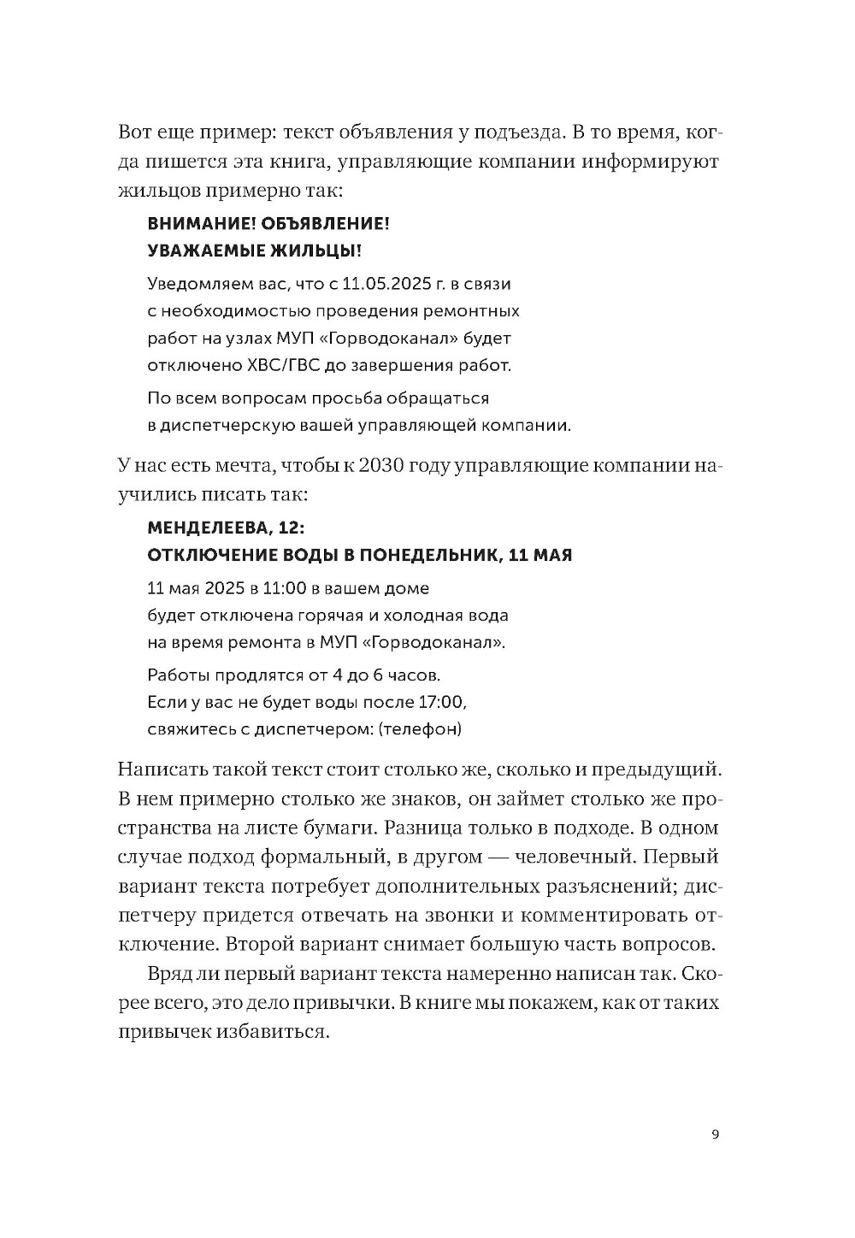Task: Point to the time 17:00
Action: coord(441,702)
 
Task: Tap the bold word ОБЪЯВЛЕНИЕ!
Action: coord(332,223)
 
